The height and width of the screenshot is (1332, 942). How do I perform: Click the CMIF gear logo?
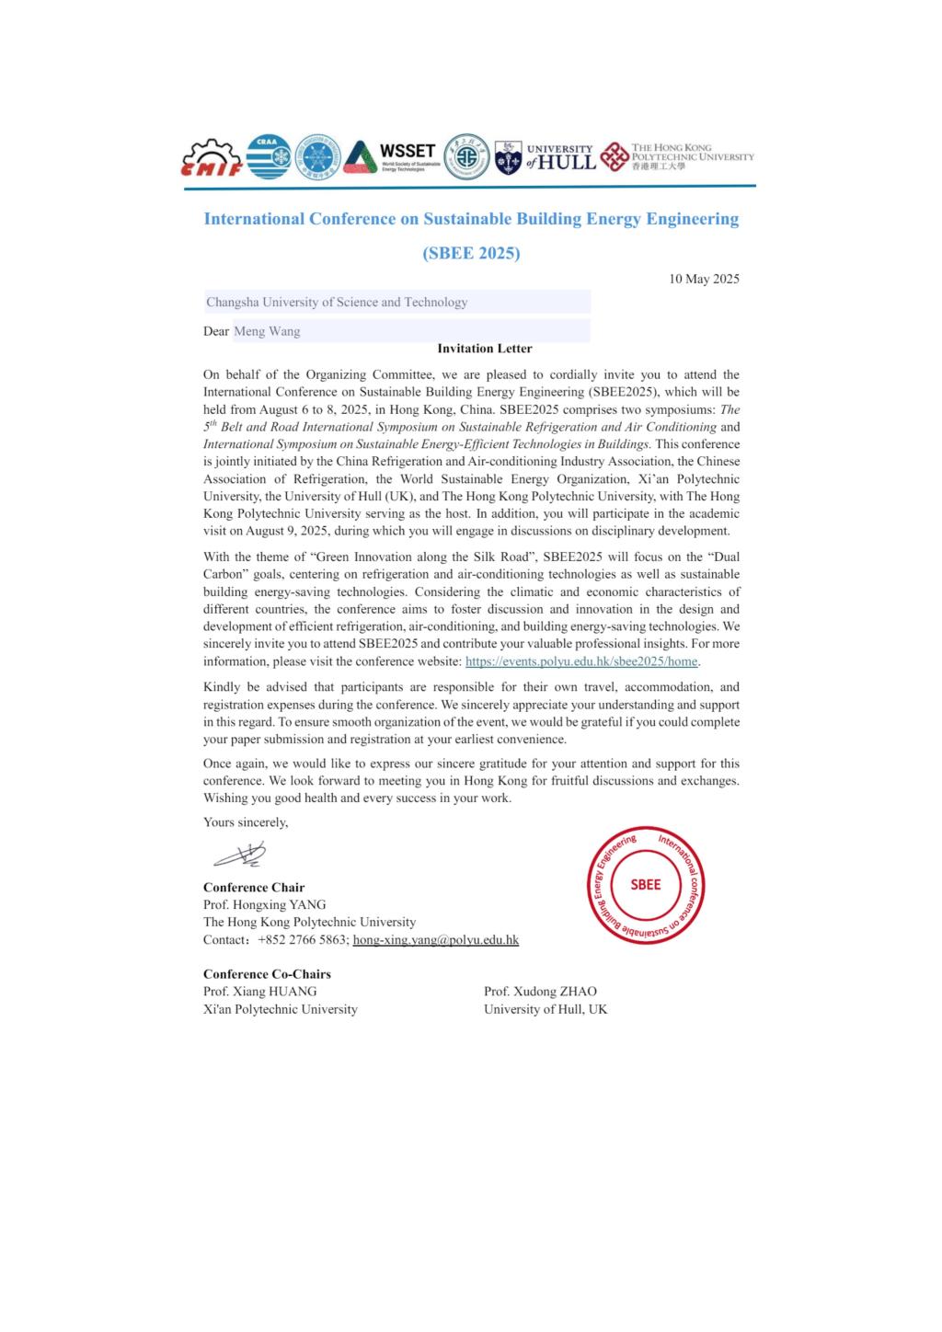(213, 159)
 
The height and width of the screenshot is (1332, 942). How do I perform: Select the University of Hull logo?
(545, 158)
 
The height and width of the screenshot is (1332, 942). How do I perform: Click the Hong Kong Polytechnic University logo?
(677, 157)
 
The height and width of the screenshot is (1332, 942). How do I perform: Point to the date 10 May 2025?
(704, 279)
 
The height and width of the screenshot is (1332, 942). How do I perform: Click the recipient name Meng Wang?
(267, 331)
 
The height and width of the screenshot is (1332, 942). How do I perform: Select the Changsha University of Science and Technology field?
(337, 302)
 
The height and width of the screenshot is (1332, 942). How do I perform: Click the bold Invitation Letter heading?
(485, 349)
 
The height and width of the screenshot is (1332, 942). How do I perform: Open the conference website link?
(582, 661)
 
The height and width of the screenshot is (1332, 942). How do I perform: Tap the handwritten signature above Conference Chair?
(240, 856)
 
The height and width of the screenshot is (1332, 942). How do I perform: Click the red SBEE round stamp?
(645, 884)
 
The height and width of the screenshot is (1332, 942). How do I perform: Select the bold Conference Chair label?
(254, 888)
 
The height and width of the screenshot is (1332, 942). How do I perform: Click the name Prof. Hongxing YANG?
(265, 904)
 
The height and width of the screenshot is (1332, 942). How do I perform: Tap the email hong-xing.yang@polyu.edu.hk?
(436, 940)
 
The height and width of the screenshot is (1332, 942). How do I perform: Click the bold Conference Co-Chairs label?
(267, 974)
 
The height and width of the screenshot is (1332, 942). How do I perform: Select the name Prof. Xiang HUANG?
(260, 992)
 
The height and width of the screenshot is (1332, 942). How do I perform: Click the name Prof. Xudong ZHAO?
(540, 992)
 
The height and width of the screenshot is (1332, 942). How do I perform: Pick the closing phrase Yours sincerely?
(246, 822)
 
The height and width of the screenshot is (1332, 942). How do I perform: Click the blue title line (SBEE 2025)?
(471, 253)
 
